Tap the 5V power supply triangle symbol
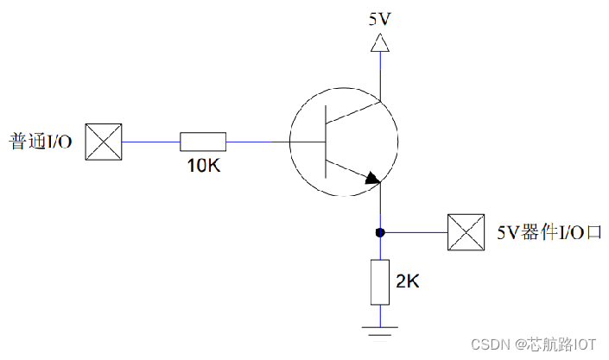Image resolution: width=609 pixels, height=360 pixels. (378, 43)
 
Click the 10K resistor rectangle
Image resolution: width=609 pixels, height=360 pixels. (203, 141)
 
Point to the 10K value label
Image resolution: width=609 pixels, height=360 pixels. (204, 165)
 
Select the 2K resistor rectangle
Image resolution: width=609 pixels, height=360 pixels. (379, 281)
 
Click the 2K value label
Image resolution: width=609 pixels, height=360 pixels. (409, 281)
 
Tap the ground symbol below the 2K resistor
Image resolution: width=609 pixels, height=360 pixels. (379, 329)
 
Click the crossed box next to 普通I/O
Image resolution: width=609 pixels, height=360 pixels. (104, 142)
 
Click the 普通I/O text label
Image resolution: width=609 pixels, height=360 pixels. (40, 142)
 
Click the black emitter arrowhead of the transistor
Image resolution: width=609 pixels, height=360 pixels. (371, 179)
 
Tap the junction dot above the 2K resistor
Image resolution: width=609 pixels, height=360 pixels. (379, 232)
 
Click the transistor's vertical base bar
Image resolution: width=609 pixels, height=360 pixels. (326, 142)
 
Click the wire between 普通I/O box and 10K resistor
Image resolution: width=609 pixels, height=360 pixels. (150, 141)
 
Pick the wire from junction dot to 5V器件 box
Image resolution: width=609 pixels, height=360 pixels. (415, 232)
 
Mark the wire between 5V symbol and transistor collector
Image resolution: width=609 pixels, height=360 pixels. (378, 73)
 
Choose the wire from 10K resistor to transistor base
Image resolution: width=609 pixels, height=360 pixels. (257, 141)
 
